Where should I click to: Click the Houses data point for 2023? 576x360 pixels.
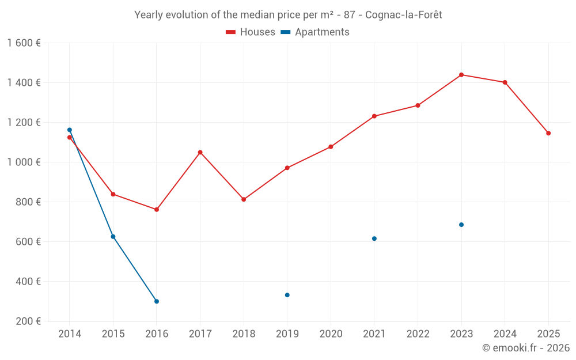point(461,75)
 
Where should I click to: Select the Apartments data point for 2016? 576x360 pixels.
point(157,301)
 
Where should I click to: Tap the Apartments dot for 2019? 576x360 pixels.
point(287,295)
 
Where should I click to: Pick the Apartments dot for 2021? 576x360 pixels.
point(374,238)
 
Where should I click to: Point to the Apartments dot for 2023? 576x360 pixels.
point(461,225)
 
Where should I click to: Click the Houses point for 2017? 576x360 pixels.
point(200,152)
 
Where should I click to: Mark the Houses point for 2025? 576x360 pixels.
point(548,133)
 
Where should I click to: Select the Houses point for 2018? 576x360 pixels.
point(244,199)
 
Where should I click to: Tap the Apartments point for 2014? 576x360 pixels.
point(70,130)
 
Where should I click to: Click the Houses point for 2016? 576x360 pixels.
point(157,209)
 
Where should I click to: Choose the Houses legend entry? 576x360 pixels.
point(251,32)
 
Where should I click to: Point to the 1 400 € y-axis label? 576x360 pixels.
point(24,83)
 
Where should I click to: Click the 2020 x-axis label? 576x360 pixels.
point(331,334)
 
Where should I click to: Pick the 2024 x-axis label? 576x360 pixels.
point(505,334)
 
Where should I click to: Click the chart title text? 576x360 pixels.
point(288,15)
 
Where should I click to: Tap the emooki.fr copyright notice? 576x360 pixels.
point(525,348)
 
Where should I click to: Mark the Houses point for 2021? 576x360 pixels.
point(374,116)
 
